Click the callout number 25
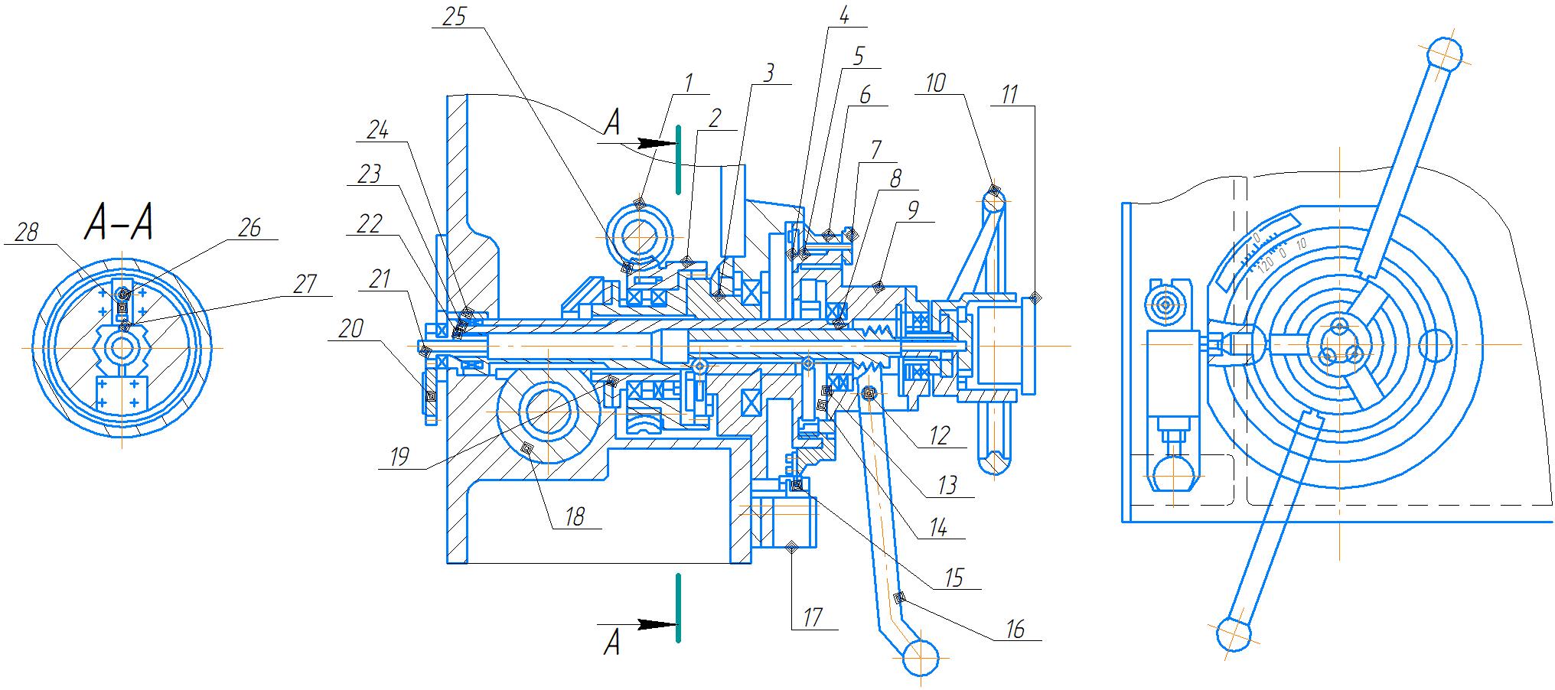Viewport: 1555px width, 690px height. tap(455, 17)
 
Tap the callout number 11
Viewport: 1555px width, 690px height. tap(1010, 95)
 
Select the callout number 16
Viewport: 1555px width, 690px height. tap(1015, 629)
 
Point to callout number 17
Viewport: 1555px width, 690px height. tap(813, 617)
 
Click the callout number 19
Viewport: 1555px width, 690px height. tap(399, 457)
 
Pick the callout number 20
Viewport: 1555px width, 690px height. tap(351, 329)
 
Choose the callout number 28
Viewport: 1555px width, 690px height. tap(27, 233)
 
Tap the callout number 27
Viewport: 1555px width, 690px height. tap(305, 285)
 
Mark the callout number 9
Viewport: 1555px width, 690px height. tap(911, 210)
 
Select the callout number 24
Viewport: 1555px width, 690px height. tap(377, 131)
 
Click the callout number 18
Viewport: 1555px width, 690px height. tap(575, 517)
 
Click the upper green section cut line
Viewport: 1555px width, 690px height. tap(678, 157)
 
